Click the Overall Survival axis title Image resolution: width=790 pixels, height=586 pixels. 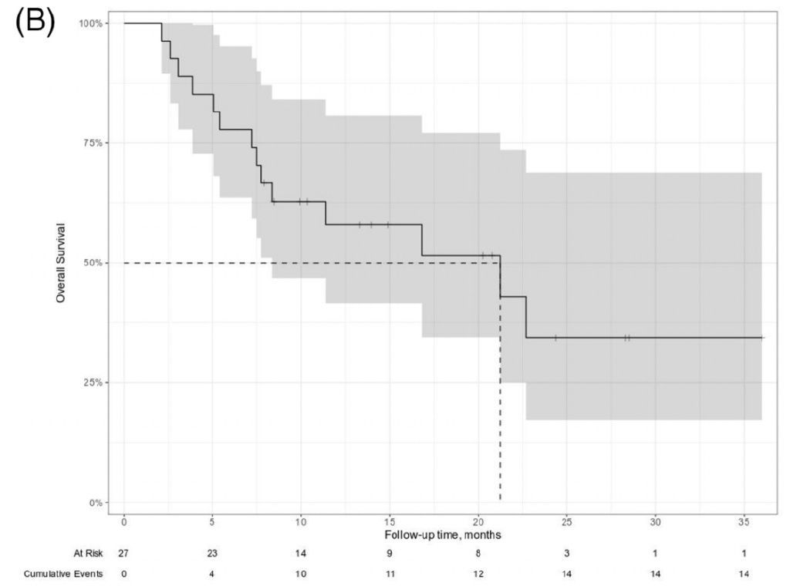pos(59,263)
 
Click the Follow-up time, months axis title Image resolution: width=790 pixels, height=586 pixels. pos(443,533)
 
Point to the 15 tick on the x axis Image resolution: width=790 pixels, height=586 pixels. pos(390,519)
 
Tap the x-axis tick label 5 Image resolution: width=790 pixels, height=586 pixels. pos(212,519)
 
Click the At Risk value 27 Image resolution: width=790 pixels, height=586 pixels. pos(123,553)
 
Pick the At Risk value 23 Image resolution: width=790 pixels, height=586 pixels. pos(212,553)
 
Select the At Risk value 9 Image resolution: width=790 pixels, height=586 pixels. pos(390,553)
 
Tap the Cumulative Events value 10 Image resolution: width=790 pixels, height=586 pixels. pos(301,572)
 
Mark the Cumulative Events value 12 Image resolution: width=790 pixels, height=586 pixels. pos(478,572)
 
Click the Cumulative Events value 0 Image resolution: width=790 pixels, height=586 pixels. pos(123,572)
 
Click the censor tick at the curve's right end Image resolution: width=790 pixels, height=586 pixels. pos(761,338)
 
